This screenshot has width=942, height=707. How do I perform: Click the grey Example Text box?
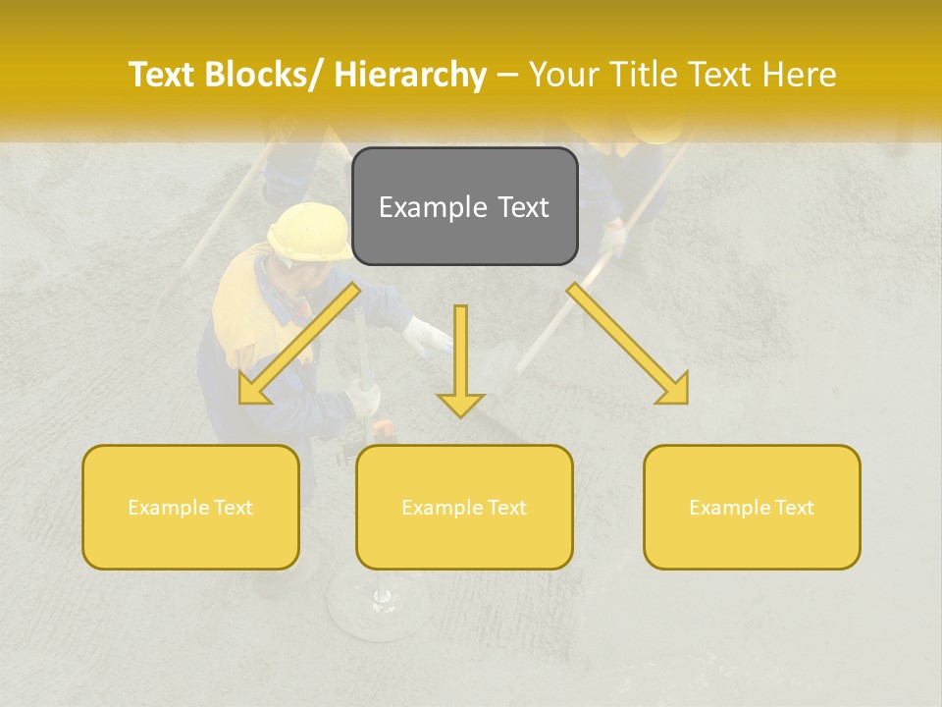[464, 206]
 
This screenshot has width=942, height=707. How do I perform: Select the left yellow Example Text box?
[190, 507]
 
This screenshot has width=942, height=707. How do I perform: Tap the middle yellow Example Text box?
[464, 507]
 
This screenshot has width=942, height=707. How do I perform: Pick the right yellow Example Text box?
[752, 507]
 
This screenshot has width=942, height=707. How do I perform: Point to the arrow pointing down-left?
[299, 344]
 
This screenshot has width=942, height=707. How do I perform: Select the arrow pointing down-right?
[628, 344]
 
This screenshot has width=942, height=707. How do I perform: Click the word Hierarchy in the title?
[411, 75]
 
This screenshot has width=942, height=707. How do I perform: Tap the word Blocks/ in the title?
[264, 75]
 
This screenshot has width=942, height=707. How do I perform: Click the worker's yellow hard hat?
[309, 232]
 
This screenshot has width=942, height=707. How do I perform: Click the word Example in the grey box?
[425, 207]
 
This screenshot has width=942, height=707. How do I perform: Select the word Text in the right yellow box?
[793, 508]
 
